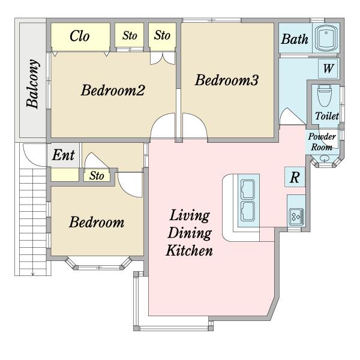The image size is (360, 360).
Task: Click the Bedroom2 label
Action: (x=113, y=90)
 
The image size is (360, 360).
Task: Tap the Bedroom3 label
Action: (x=227, y=80)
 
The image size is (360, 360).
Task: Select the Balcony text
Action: (x=32, y=84)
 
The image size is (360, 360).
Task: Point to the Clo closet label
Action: (x=79, y=36)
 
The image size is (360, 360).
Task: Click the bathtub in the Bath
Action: (x=326, y=38)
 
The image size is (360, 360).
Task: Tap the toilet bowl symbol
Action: (x=325, y=95)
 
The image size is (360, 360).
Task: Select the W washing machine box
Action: (x=328, y=68)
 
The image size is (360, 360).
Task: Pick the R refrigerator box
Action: (x=295, y=177)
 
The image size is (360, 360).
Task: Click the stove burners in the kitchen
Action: (x=296, y=217)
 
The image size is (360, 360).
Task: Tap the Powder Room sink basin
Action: (x=325, y=158)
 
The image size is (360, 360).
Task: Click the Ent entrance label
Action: (x=63, y=155)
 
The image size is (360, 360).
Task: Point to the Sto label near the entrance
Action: (x=97, y=176)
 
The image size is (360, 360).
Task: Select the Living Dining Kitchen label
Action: (x=190, y=233)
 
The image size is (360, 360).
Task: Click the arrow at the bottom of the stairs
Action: (x=33, y=273)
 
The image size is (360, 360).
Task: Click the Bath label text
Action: (x=295, y=39)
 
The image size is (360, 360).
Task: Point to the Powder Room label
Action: (x=322, y=142)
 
